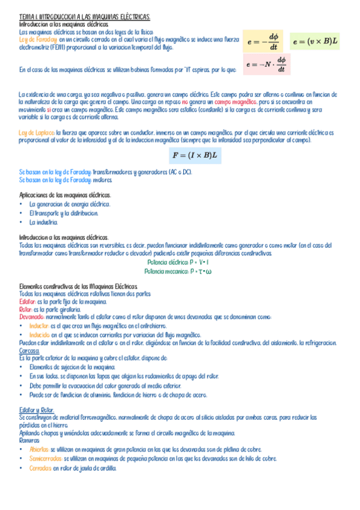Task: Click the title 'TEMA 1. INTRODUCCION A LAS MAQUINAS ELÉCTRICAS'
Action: click(85, 17)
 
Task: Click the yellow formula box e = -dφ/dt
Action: click(264, 42)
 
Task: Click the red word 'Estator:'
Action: click(28, 301)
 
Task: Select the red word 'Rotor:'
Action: click(26, 309)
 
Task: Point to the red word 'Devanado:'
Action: click(32, 317)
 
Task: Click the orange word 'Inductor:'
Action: click(40, 325)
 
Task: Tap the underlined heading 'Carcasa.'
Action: click(29, 351)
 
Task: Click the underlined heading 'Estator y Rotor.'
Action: click(37, 409)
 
